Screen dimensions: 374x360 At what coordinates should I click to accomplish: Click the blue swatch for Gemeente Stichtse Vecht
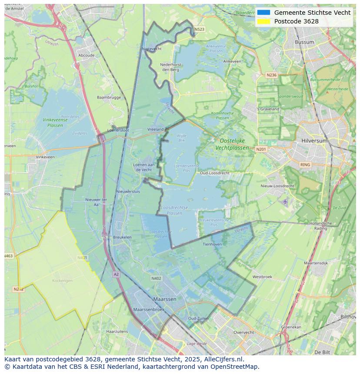point(263,13)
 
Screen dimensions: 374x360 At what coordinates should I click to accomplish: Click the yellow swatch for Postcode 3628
point(263,21)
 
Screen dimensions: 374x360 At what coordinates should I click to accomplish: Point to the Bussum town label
point(304,42)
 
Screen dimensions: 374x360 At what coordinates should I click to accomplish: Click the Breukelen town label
point(122,237)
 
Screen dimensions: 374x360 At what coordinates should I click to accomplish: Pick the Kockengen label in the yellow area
point(62,281)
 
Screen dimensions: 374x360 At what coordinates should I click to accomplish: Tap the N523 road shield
point(199,30)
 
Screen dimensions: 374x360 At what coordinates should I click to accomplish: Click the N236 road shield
point(271,75)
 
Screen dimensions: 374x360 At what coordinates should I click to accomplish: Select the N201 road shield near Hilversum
point(261,149)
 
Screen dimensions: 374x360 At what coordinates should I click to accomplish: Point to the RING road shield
point(305,165)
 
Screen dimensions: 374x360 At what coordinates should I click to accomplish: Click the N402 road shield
point(156,278)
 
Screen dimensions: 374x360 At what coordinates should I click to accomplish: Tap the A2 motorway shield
point(116,275)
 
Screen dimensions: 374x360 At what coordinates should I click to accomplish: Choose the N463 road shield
point(9,256)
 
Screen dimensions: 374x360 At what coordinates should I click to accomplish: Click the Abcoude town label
point(86,56)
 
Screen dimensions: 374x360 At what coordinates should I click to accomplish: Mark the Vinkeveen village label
point(45,157)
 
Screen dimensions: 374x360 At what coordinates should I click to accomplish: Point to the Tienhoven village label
point(212,244)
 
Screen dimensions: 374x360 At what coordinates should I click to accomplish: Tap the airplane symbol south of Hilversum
point(285,202)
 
